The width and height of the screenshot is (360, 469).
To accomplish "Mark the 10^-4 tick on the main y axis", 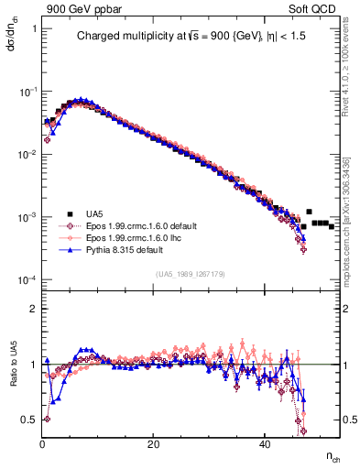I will [27, 279].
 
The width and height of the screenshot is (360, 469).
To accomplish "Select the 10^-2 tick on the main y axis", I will [27, 155].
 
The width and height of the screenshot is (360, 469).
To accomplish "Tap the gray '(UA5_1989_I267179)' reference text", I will [186, 273].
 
